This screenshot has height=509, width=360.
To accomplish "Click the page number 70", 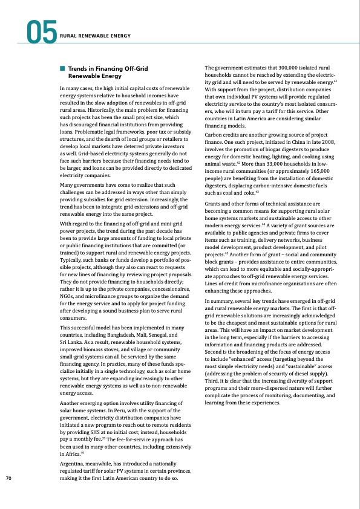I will click(9, 479).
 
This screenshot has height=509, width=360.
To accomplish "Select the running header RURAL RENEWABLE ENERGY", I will click(96, 36).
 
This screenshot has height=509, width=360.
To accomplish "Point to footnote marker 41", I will click(335, 80).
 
